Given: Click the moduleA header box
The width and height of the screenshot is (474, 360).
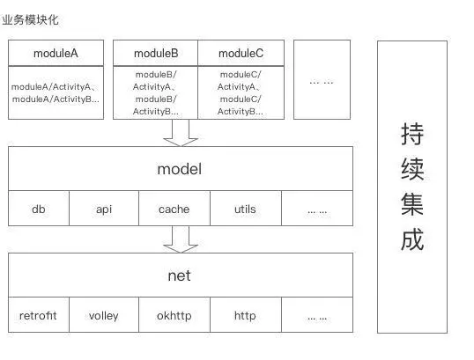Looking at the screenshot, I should [56, 53].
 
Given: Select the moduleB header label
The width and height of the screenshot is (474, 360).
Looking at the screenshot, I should [155, 53].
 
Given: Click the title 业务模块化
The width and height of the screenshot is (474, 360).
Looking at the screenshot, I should [31, 18].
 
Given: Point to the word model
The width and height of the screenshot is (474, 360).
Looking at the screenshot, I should [180, 168].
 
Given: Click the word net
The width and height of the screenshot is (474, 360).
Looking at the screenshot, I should [180, 276].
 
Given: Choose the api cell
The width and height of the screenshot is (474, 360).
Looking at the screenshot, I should [104, 209].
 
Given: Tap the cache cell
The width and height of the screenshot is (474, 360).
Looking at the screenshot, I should [174, 209].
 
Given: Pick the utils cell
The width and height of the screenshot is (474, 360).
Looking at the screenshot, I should [245, 209].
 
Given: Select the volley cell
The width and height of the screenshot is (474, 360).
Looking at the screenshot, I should [103, 315].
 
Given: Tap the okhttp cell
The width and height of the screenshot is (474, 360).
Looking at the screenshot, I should [174, 315].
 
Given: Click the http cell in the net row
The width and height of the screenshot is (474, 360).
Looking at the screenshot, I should [245, 315].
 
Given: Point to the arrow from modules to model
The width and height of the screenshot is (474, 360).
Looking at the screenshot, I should [181, 132].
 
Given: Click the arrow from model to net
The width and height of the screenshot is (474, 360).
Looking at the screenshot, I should [181, 239].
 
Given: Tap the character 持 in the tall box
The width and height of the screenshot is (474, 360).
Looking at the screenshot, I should [412, 135].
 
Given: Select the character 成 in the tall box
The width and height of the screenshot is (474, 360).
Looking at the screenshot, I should [412, 239].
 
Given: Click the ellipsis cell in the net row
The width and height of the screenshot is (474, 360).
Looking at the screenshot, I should [317, 315].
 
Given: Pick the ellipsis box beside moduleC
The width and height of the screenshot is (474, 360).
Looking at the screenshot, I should [321, 80].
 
